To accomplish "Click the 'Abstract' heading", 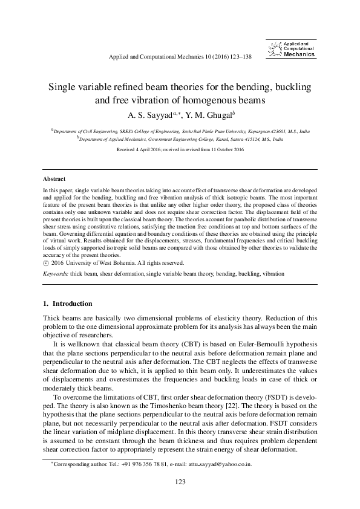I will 54,180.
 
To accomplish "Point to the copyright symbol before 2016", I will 46,264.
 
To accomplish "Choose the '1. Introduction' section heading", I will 68,303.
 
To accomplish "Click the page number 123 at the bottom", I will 180,481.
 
